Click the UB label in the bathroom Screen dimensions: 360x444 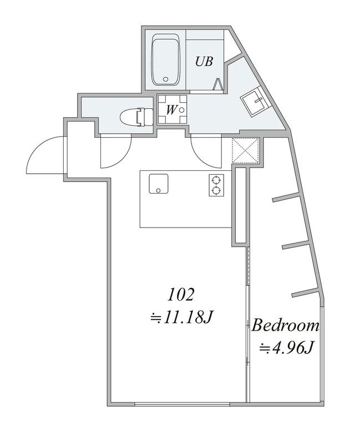[204, 61]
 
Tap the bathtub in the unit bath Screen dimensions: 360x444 [166, 60]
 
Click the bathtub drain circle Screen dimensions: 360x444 [166, 79]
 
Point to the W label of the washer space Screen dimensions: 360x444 [170, 110]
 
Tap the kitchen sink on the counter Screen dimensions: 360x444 [159, 184]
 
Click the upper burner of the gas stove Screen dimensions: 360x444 [216, 179]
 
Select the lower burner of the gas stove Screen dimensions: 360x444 [216, 190]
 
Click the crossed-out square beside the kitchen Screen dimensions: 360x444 [245, 150]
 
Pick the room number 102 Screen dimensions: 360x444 [181, 295]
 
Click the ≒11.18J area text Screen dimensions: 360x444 [181, 318]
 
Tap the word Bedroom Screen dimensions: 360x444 [285, 326]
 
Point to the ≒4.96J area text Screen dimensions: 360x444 [286, 347]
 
